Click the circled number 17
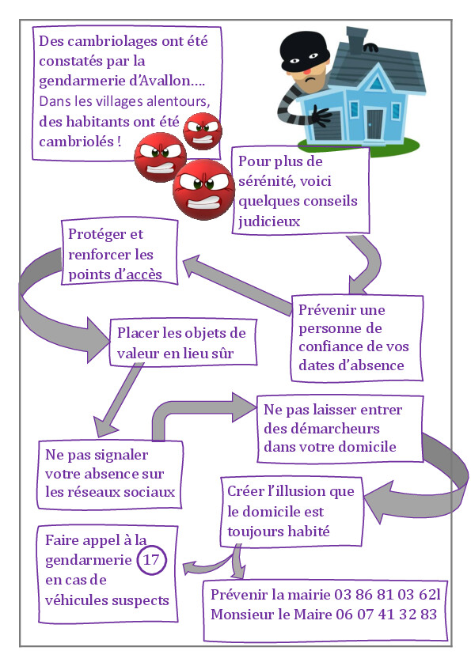[151, 560]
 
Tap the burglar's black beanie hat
[303, 50]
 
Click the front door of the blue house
[375, 124]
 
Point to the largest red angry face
[203, 189]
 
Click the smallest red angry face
[203, 131]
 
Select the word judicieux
[269, 221]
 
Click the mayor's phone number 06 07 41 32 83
[386, 614]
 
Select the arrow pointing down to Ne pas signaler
[117, 400]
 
